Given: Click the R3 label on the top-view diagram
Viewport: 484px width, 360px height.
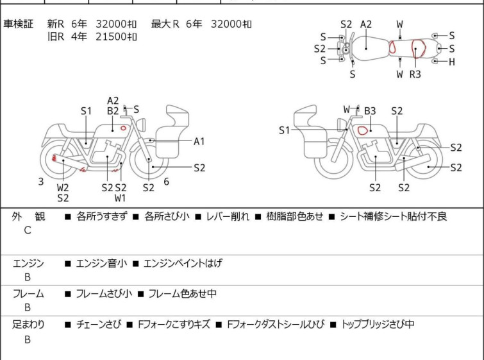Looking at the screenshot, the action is click(x=415, y=74).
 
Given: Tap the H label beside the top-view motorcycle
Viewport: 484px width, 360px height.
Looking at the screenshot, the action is click(x=452, y=62).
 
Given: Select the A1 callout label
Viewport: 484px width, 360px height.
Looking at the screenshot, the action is click(x=199, y=141).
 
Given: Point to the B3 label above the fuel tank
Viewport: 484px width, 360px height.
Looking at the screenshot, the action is click(x=370, y=111).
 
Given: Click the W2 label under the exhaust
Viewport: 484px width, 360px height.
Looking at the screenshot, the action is click(x=63, y=187).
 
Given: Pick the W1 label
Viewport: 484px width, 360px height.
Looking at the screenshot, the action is click(x=120, y=198).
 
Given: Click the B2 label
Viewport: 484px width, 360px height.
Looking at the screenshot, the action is click(x=113, y=111).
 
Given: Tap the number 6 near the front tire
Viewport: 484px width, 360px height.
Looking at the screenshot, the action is click(x=167, y=182).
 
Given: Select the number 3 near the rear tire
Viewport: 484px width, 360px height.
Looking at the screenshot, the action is click(x=41, y=182).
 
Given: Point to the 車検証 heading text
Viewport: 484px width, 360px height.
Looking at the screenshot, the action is click(x=18, y=24).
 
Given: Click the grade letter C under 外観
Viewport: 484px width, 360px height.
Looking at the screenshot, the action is click(x=28, y=230).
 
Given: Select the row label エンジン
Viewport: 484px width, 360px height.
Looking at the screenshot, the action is click(x=28, y=263).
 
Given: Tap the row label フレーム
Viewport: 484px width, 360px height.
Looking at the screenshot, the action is click(x=28, y=293).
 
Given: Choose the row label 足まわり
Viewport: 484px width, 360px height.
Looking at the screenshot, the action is click(x=28, y=324).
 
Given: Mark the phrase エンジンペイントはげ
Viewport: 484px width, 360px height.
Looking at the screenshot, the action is click(x=183, y=263).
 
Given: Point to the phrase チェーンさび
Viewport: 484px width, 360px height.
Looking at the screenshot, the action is click(x=99, y=324).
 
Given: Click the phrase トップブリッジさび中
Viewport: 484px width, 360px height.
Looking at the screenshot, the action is click(x=378, y=324).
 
